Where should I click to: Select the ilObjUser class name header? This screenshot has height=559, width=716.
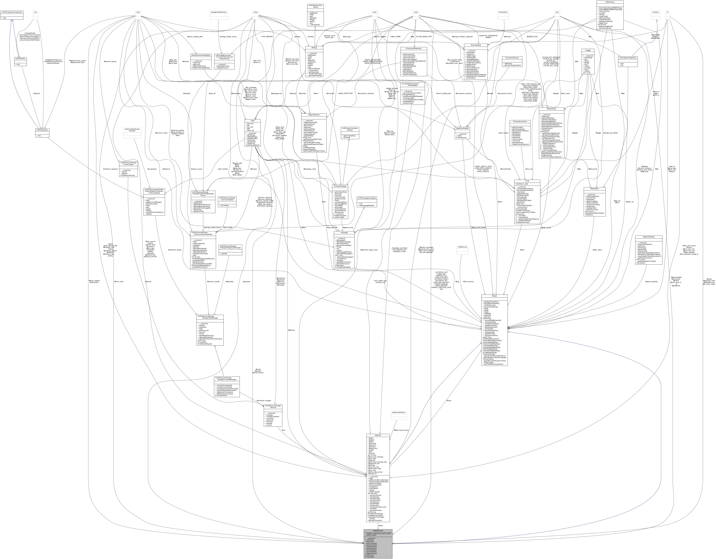click(x=378, y=435)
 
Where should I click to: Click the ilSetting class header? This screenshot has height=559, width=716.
click(x=314, y=47)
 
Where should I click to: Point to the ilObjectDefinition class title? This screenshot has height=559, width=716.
click(x=314, y=115)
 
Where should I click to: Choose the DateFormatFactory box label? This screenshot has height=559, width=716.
click(x=398, y=412)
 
